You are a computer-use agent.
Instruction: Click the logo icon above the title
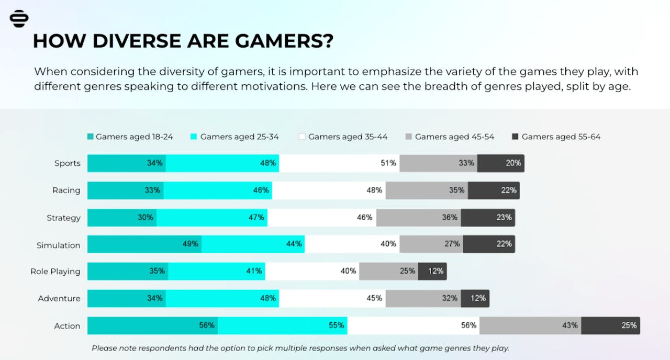click(x=19, y=18)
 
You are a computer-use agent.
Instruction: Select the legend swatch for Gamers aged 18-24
click(x=91, y=137)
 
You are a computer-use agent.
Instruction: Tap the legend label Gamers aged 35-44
click(x=348, y=137)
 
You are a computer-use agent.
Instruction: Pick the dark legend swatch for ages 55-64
click(x=515, y=137)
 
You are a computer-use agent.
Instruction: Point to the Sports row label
click(x=68, y=163)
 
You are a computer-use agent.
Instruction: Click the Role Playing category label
click(x=55, y=272)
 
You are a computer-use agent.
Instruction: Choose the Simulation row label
click(x=58, y=245)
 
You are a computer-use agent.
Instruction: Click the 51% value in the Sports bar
click(x=388, y=163)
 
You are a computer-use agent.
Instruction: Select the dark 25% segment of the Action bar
click(x=610, y=325)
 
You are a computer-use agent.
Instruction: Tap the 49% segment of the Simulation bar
click(x=144, y=244)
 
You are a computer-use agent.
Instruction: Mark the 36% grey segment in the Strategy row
click(x=418, y=217)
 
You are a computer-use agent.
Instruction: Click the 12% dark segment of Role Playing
click(x=432, y=271)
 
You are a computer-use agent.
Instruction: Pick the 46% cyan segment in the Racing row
click(x=218, y=190)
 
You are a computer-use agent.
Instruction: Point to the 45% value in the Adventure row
click(x=374, y=298)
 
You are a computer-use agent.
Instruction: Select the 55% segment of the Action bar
click(x=283, y=325)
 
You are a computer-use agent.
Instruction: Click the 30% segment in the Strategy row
click(x=122, y=217)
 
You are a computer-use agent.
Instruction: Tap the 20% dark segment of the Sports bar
click(x=500, y=163)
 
